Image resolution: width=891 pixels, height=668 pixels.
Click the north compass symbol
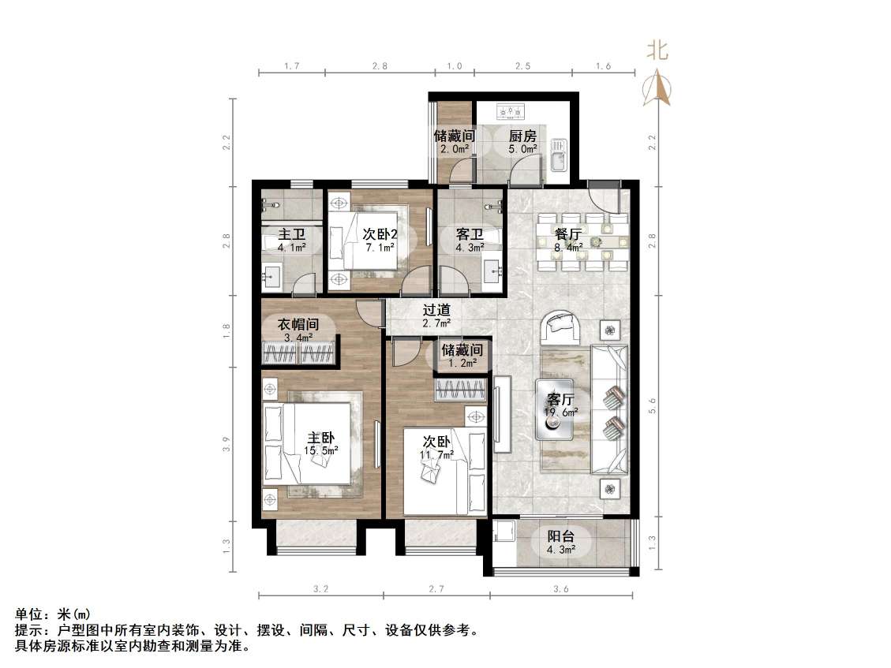pyautogui.click(x=657, y=87)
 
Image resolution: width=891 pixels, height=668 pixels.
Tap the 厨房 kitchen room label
pyautogui.click(x=522, y=136)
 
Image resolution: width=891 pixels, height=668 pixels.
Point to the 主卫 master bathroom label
pyautogui.click(x=292, y=234)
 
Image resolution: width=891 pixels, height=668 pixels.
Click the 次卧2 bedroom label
pyautogui.click(x=380, y=234)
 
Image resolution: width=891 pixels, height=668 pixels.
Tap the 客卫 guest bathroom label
pyautogui.click(x=470, y=234)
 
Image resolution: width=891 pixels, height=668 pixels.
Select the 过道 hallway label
pyautogui.click(x=436, y=311)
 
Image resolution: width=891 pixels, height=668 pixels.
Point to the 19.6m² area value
pyautogui.click(x=562, y=412)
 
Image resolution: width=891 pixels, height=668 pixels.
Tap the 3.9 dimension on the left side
pyautogui.click(x=226, y=444)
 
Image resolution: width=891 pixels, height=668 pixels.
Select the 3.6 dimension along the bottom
pyautogui.click(x=561, y=588)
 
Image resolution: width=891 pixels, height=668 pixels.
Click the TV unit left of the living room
pyautogui.click(x=501, y=414)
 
